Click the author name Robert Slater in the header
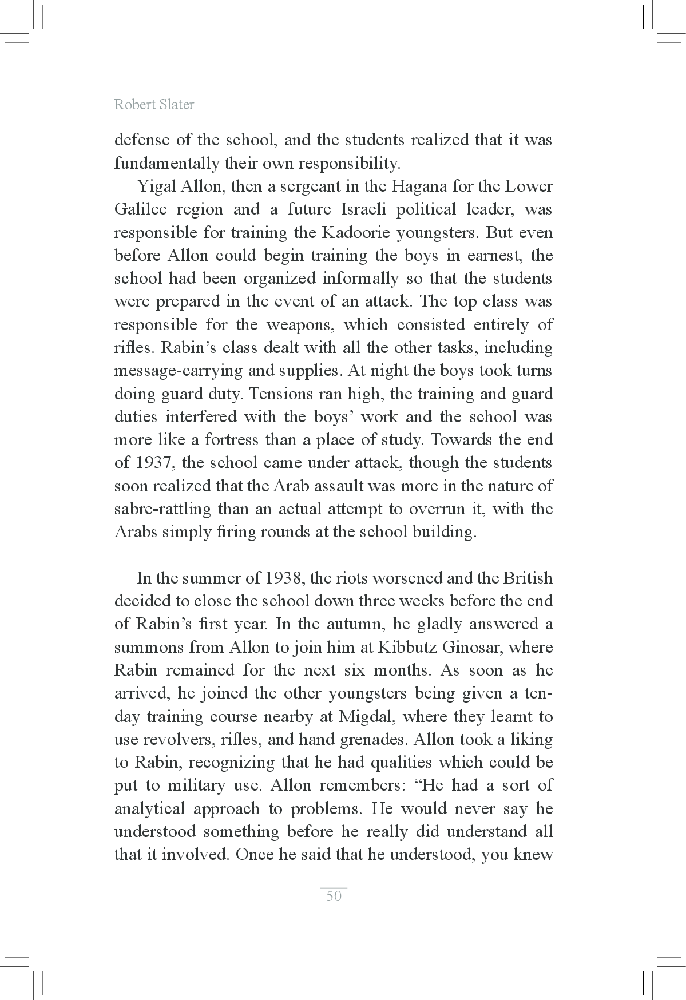coord(154,105)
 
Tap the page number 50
coord(334,896)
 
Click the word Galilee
coord(140,209)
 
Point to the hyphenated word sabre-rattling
coord(162,509)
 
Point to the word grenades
coord(373,740)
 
